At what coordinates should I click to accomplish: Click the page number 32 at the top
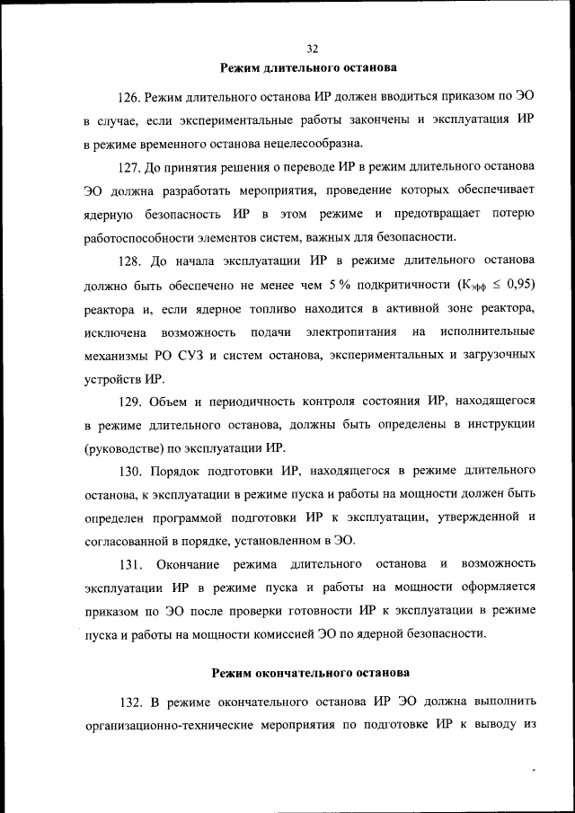tap(312, 49)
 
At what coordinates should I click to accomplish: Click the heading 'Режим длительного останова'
tap(311, 67)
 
